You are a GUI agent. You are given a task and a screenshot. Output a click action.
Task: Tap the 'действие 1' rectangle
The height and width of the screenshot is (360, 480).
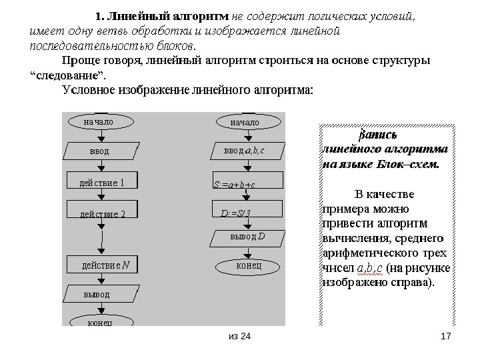(102, 181)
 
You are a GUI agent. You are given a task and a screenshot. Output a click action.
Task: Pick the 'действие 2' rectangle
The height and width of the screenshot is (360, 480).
(102, 213)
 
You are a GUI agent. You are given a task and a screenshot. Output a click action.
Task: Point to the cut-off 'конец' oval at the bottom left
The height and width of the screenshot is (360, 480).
(100, 322)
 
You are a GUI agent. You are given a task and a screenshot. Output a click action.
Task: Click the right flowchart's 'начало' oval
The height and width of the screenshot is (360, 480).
(245, 122)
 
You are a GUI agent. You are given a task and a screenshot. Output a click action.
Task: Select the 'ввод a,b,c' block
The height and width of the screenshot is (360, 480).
(245, 151)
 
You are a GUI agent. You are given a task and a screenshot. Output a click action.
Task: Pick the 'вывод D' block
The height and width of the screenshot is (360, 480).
(248, 237)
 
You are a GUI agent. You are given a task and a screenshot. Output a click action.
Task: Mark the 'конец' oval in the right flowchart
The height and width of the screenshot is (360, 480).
(248, 266)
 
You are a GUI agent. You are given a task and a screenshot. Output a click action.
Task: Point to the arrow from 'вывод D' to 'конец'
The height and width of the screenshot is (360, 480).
(248, 251)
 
